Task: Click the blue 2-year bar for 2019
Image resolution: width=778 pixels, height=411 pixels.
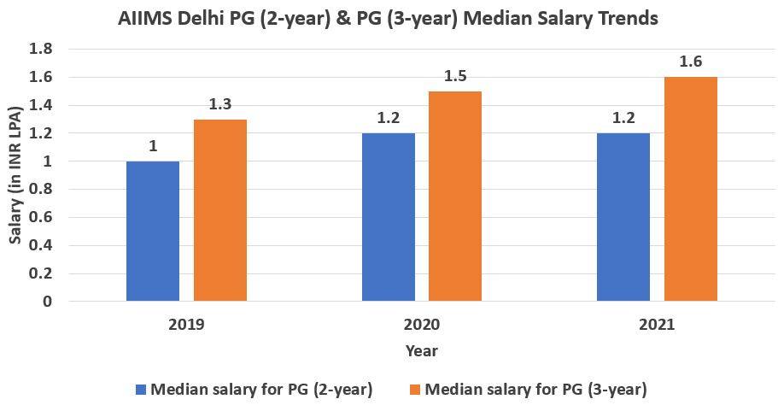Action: pos(153,231)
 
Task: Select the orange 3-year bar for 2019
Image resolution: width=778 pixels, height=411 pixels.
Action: pos(220,210)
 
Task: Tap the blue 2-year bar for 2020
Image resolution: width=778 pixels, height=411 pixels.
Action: pos(389,217)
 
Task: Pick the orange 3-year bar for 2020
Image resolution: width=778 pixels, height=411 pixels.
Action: pos(455,196)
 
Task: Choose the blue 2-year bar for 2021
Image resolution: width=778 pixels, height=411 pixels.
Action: pos(623,217)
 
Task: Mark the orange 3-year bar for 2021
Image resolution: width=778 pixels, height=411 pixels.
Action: pos(691,189)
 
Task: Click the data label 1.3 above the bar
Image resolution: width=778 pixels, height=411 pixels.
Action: pos(220,105)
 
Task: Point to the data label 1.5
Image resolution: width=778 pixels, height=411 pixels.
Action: pos(456,77)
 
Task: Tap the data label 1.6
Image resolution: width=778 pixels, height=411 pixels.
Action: pos(691,63)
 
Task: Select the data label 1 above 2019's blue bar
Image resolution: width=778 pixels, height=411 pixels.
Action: pos(153,147)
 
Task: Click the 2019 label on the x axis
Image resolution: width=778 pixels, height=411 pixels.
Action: pos(186,325)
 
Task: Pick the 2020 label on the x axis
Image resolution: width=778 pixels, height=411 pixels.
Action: pos(422,325)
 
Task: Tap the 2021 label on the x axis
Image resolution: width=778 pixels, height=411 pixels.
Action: pos(657,325)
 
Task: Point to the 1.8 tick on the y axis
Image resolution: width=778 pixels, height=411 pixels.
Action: pos(41,50)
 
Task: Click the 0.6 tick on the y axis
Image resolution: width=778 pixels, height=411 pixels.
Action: pos(41,217)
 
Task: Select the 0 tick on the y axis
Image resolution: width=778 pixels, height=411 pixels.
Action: pos(48,301)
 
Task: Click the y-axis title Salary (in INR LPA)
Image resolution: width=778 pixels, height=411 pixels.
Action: pos(15,175)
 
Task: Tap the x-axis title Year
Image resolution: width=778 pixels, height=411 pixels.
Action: pos(421,351)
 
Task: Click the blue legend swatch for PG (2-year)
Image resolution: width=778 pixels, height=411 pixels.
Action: pos(141,390)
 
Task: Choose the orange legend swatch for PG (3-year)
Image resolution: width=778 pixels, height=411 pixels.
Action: pos(415,390)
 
